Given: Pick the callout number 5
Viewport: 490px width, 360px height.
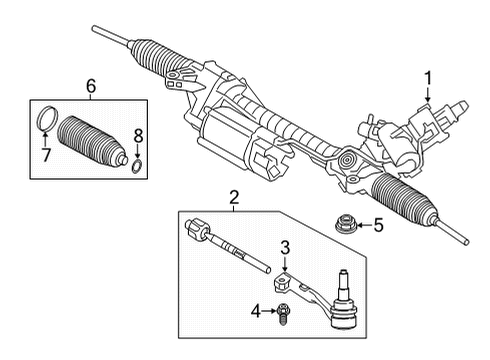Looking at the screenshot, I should point(378,225).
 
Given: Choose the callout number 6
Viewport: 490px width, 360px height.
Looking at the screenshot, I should point(91,87).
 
